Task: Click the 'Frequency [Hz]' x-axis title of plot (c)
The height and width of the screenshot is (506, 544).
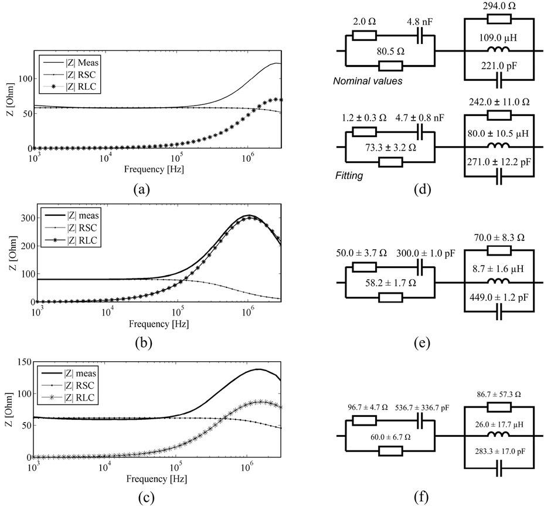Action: click(x=154, y=479)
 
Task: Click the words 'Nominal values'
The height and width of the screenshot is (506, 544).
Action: click(x=368, y=81)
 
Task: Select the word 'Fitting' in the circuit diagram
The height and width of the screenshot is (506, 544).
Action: click(x=350, y=175)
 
